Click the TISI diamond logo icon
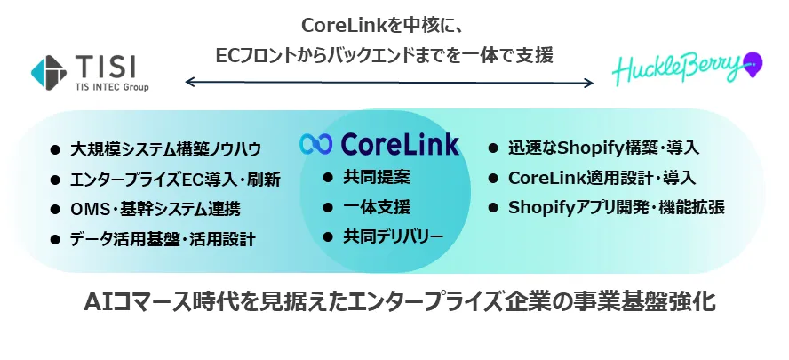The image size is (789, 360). coord(48,73)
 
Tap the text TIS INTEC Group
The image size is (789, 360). coord(112,87)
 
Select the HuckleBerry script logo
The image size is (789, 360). coord(677,69)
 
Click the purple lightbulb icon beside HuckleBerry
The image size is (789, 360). coord(753,65)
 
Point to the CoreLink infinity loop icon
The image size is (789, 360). coord(315,144)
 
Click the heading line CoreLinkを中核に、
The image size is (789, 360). coord(381,26)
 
